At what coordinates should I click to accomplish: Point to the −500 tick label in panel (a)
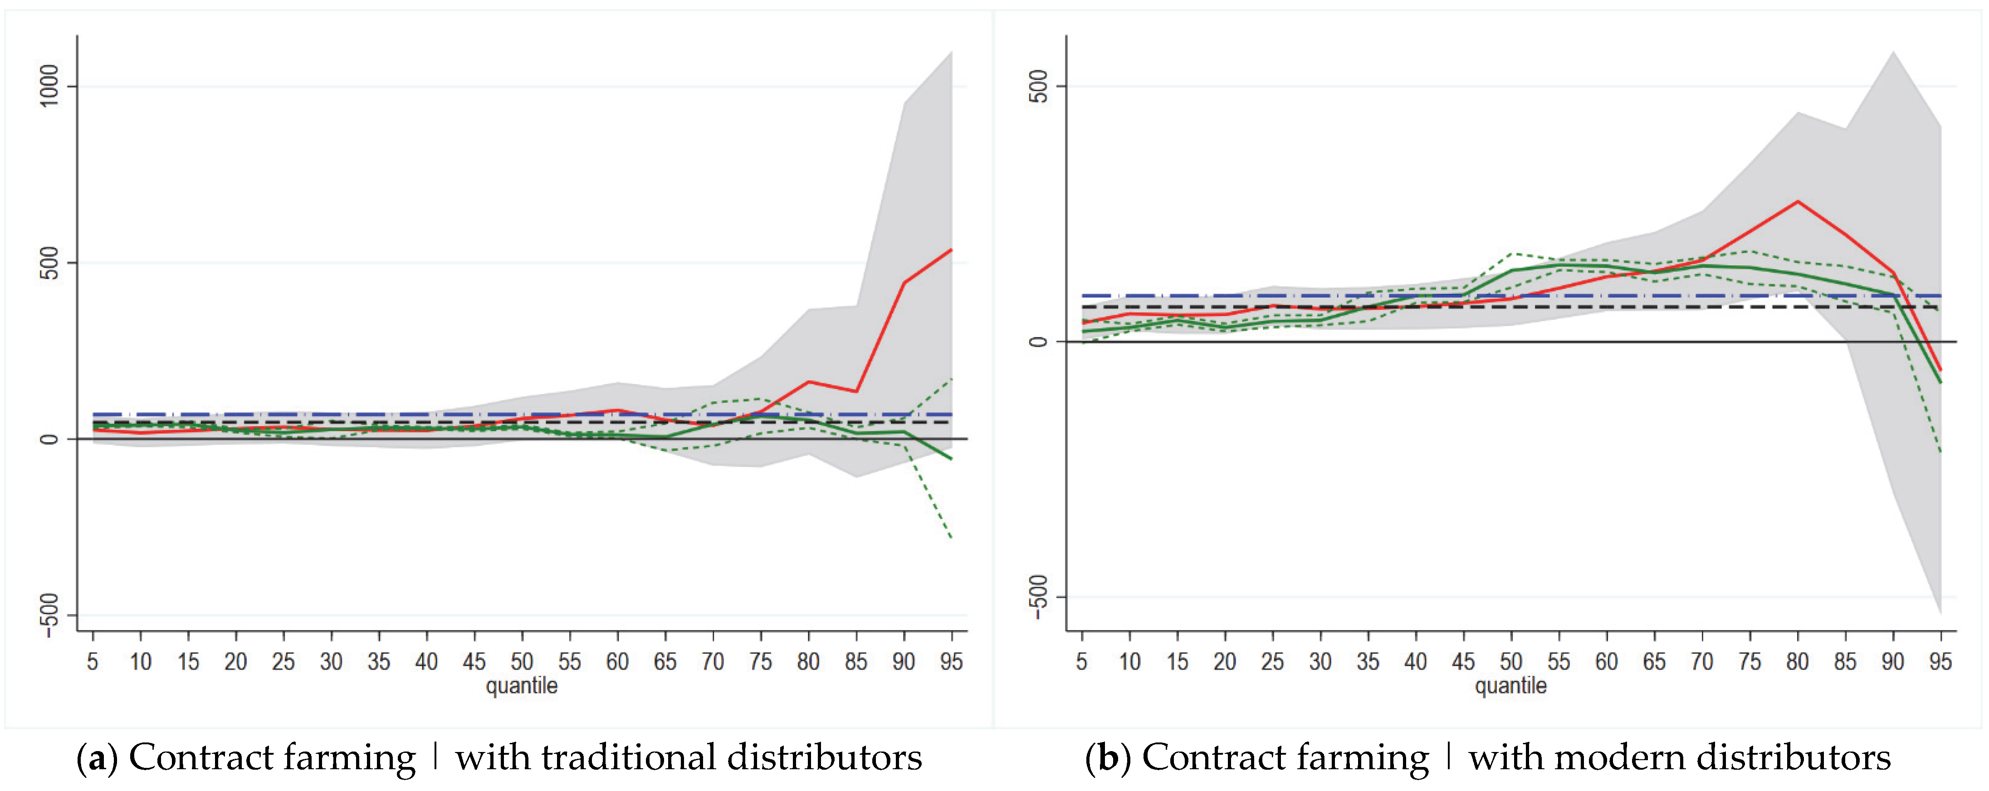(49, 615)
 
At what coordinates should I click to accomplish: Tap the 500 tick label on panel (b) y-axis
(1039, 86)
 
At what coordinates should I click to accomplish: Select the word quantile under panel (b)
(1510, 685)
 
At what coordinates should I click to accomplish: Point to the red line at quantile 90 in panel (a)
(904, 283)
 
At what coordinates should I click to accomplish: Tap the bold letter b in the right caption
(1108, 757)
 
